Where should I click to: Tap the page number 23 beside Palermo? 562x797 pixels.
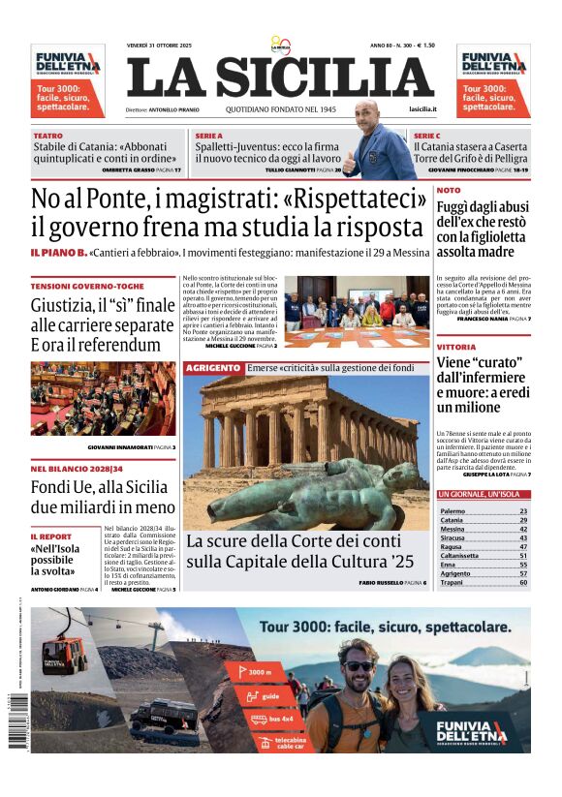(523, 510)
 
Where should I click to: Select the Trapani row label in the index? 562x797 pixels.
(453, 582)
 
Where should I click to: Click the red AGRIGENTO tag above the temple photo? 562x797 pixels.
(212, 368)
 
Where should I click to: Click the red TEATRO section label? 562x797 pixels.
(47, 137)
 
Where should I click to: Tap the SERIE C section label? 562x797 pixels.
(426, 137)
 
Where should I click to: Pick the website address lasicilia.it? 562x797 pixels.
(422, 110)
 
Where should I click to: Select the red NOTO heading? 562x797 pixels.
(449, 191)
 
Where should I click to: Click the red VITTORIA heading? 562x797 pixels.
(455, 346)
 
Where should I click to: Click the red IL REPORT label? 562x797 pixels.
(50, 536)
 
